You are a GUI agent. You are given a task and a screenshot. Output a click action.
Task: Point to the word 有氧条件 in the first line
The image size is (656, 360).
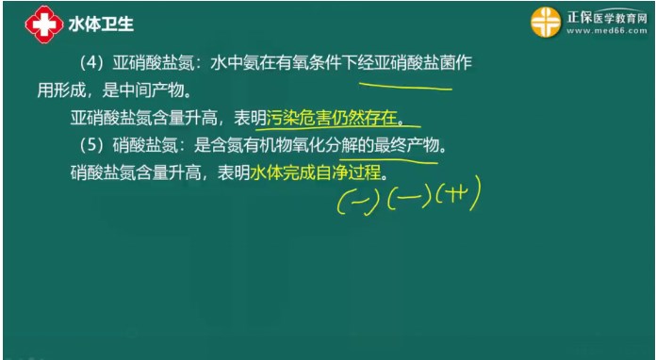coord(300,63)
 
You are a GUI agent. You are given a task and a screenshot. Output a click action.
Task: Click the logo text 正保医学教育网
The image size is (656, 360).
coord(607,14)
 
